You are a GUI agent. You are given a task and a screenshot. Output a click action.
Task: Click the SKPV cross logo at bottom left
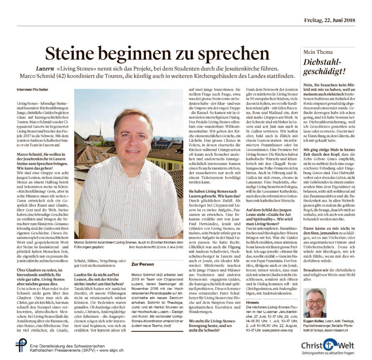[x=21, y=345]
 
